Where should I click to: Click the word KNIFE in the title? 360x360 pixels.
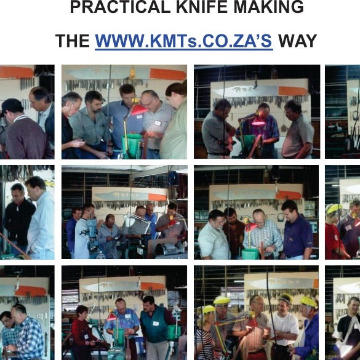202,7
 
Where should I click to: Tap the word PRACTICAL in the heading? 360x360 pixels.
120,7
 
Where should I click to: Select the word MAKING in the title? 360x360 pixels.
269,7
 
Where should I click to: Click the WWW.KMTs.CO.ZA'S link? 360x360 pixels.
183,41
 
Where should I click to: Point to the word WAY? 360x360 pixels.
298,41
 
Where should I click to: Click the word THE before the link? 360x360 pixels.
73,41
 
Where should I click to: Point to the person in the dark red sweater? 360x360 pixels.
84,330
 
